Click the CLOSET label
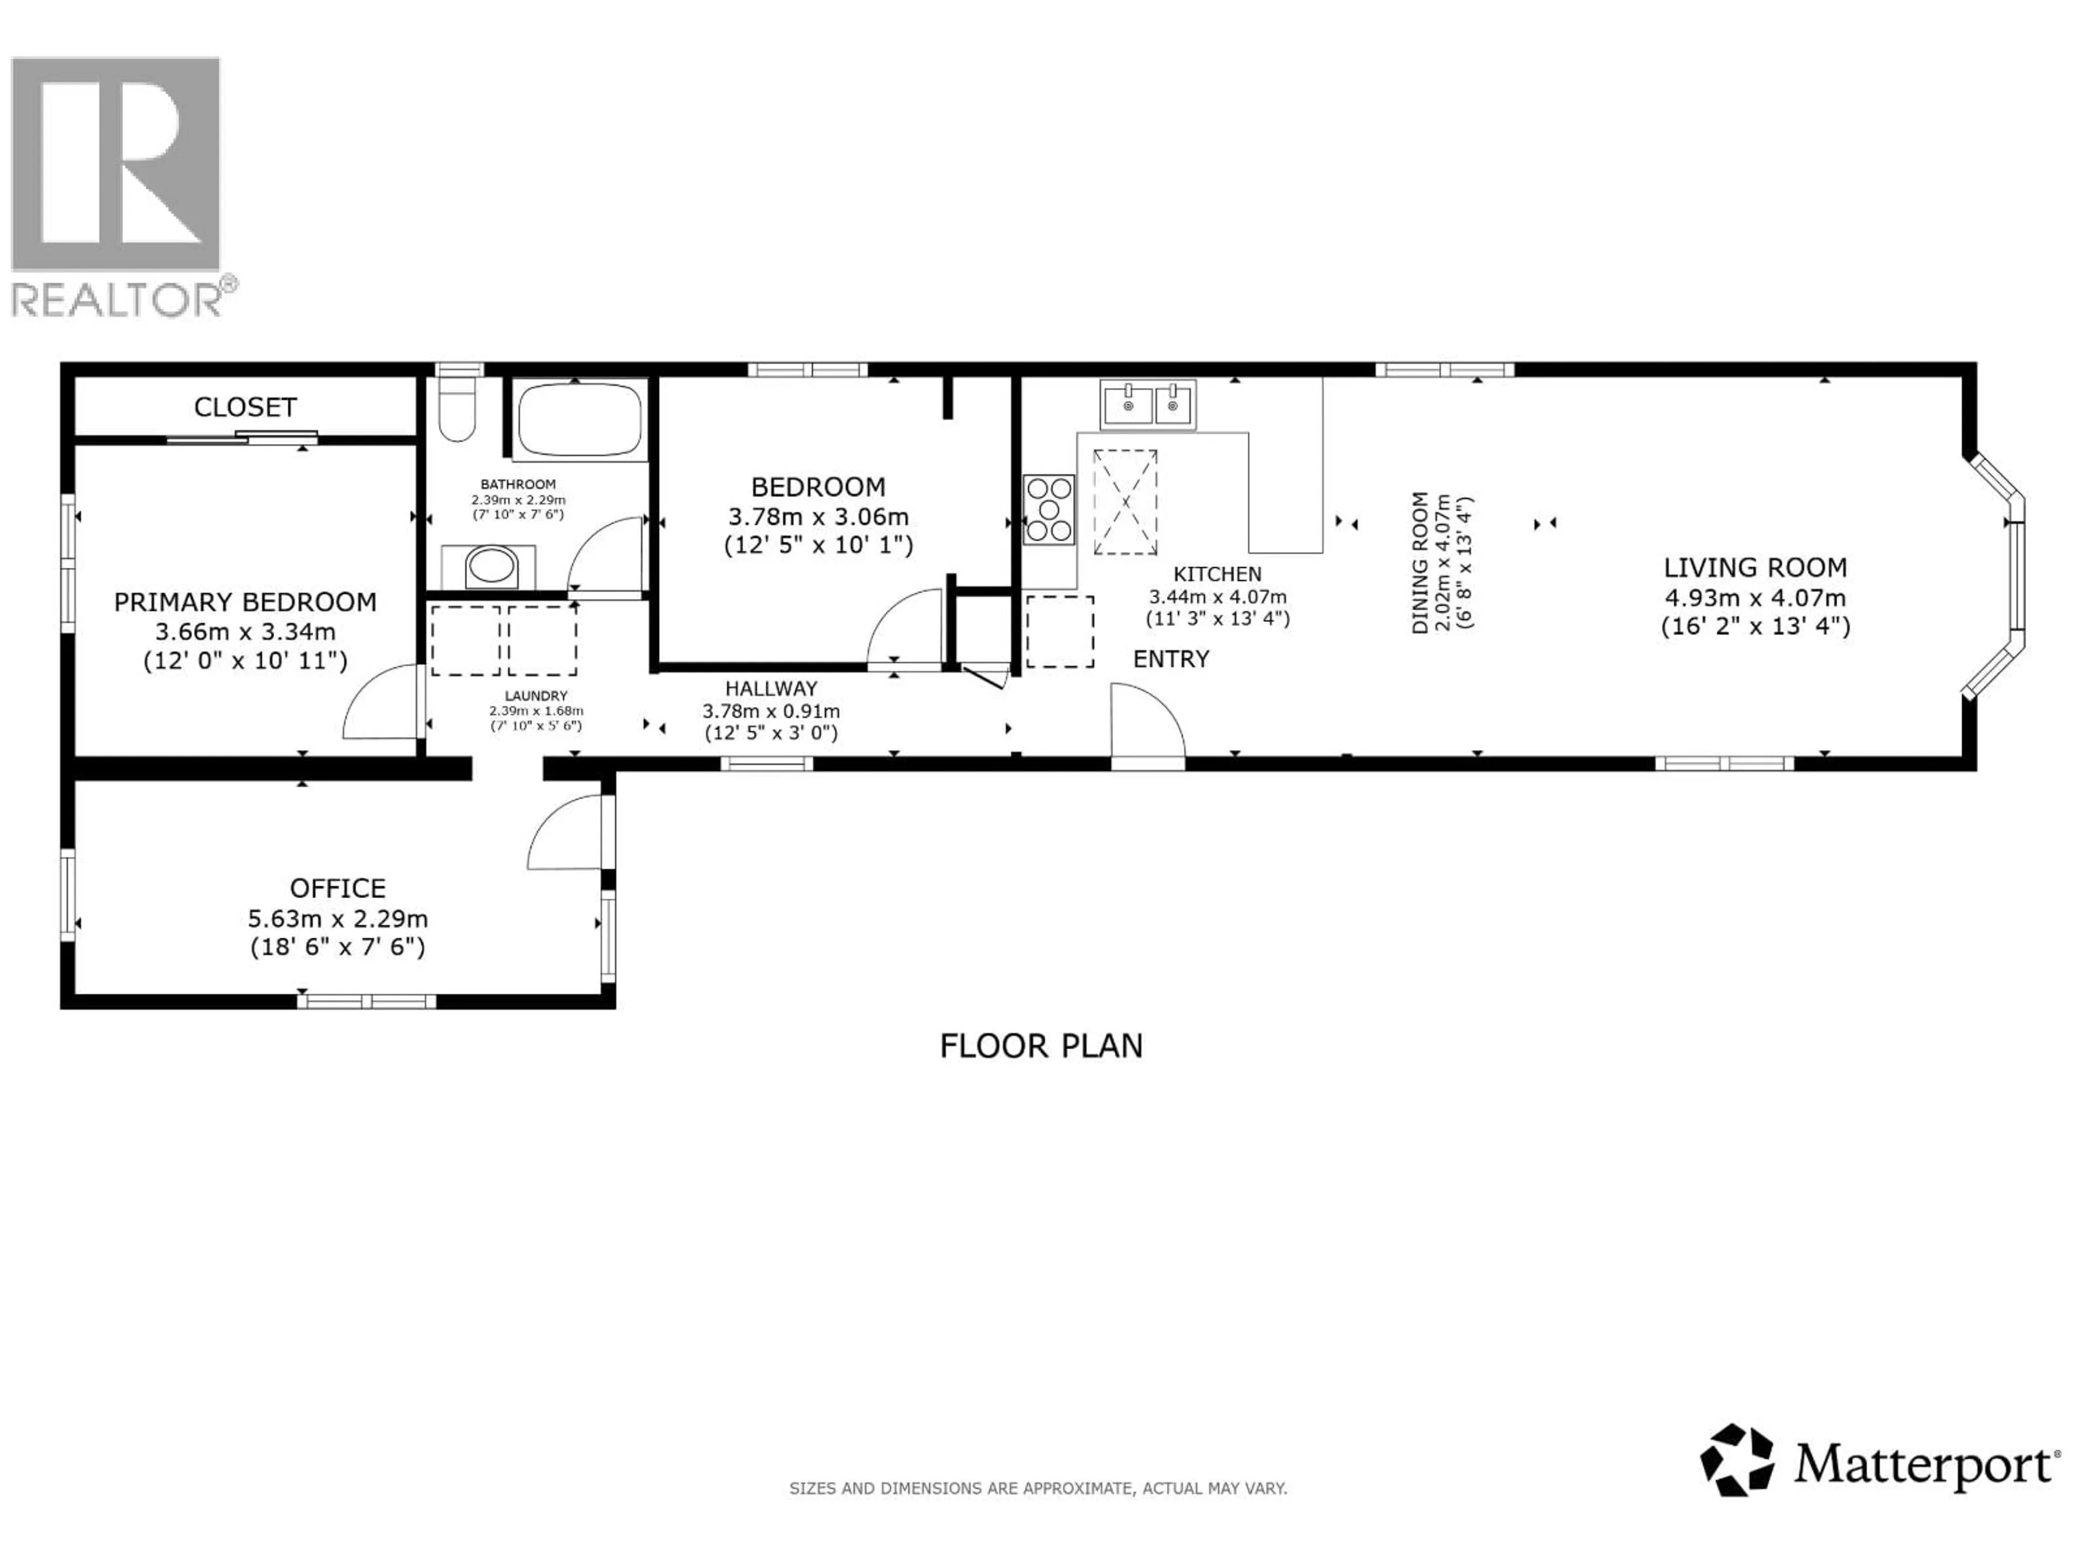point(245,407)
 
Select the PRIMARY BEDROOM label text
point(245,602)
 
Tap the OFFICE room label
point(337,888)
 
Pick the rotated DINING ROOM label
point(1420,562)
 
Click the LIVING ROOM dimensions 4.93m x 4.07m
point(1754,598)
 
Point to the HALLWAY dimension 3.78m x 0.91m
point(771,711)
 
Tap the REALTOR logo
point(118,186)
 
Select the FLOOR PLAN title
point(1040,1046)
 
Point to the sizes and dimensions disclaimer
point(1037,1489)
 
